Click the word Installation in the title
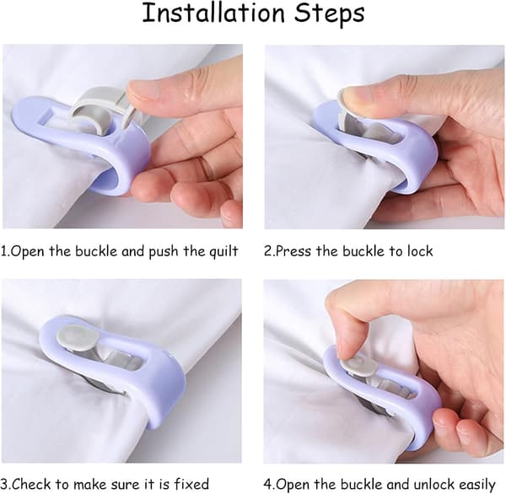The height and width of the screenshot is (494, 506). [x=213, y=13]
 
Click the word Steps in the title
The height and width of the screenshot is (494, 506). [x=330, y=15]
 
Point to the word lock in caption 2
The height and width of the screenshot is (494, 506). [x=420, y=251]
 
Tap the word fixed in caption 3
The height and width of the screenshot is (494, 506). [x=191, y=485]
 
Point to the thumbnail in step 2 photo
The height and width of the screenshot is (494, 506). [x=349, y=97]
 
